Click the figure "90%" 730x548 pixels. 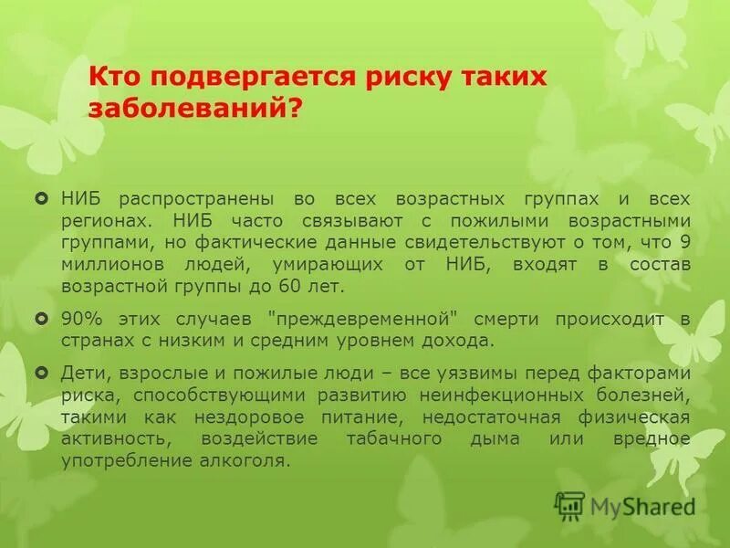(x=80, y=319)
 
